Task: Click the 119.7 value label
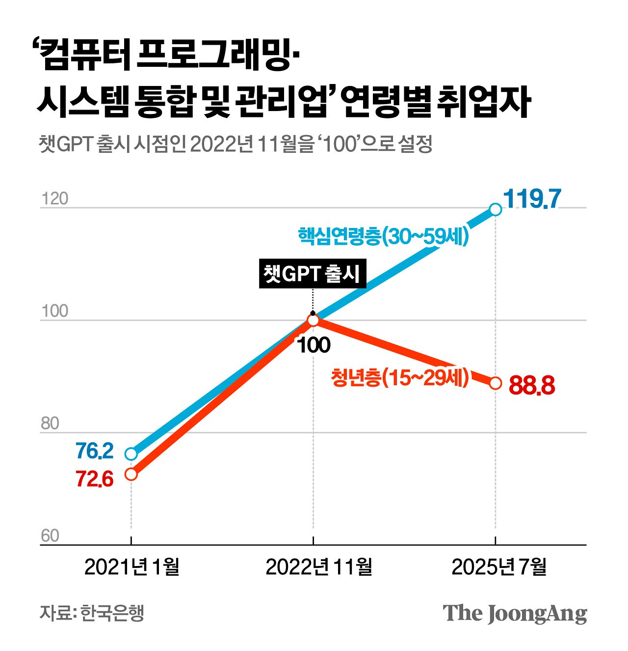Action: click(x=532, y=199)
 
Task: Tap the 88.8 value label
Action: click(x=532, y=386)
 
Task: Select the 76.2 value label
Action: click(x=95, y=451)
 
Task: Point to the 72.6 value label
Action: click(x=95, y=479)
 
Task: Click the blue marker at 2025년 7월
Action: click(x=496, y=209)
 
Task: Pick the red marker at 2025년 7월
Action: click(x=496, y=383)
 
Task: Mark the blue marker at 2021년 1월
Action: click(x=131, y=453)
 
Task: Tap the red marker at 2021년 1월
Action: click(x=131, y=474)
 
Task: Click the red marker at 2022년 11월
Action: click(x=313, y=320)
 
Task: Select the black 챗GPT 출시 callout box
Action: click(x=312, y=274)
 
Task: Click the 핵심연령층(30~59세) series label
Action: click(x=384, y=236)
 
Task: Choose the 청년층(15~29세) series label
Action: click(x=400, y=377)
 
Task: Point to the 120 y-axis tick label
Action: click(x=54, y=199)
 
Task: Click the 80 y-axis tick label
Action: click(x=50, y=424)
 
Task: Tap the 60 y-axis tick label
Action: click(x=50, y=536)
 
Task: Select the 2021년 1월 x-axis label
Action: click(x=131, y=566)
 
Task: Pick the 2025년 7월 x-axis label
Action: click(x=498, y=566)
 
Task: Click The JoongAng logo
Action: click(x=515, y=613)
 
